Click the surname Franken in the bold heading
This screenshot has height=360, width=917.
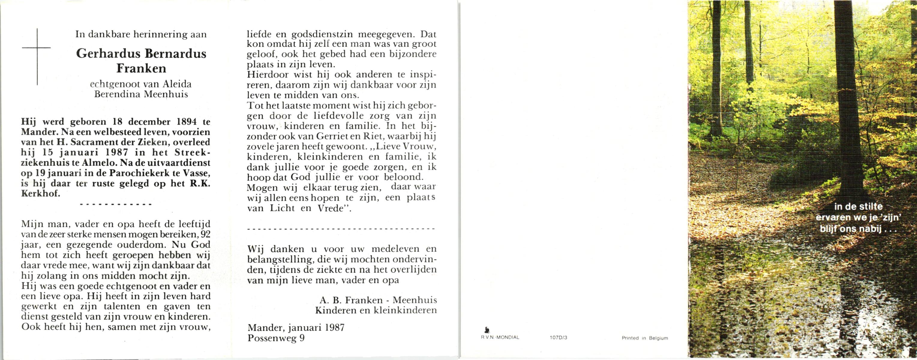(141, 68)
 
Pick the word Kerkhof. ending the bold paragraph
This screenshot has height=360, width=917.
(40, 194)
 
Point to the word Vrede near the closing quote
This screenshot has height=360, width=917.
(330, 208)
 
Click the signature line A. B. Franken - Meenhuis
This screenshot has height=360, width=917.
(378, 300)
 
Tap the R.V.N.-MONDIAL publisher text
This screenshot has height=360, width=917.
(500, 337)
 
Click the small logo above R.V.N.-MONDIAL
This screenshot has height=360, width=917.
(487, 330)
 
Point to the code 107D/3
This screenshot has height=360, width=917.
(558, 337)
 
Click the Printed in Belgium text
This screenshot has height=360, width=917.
(645, 338)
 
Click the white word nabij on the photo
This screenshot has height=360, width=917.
(870, 229)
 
